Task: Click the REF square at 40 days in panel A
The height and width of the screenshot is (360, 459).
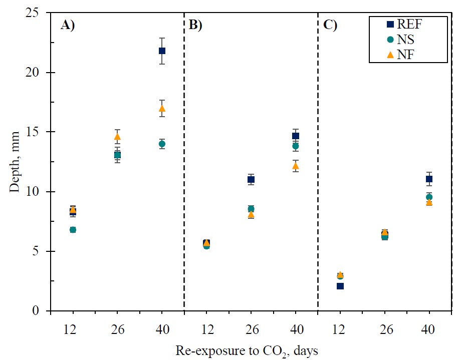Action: click(162, 51)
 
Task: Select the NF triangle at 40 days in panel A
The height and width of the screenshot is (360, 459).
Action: click(162, 108)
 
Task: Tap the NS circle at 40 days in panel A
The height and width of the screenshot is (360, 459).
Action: click(162, 144)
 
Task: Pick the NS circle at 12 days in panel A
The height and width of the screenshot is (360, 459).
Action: click(73, 230)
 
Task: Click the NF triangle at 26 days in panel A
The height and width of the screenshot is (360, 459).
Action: click(117, 137)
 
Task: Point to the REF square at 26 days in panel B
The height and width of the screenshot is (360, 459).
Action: click(251, 179)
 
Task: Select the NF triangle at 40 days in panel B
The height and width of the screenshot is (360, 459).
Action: click(296, 166)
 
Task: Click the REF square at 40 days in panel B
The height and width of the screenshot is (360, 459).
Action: click(296, 136)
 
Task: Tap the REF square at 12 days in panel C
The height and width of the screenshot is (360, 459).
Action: click(340, 286)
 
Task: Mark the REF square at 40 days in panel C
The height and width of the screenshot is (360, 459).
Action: click(429, 179)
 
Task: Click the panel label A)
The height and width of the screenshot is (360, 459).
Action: click(68, 26)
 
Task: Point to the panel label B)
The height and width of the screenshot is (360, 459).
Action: click(195, 26)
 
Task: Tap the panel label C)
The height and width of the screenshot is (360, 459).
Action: click(330, 26)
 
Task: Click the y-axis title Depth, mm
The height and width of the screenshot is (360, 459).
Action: click(14, 162)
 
